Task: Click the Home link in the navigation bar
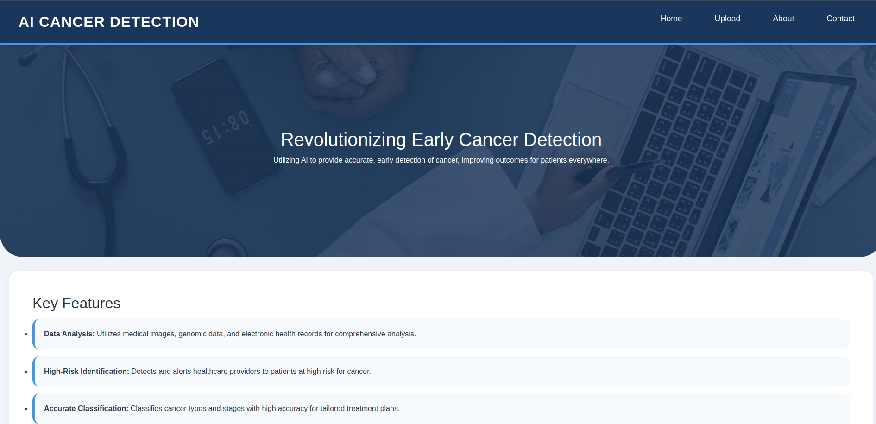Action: (671, 19)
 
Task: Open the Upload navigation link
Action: (727, 19)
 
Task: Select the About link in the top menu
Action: (783, 19)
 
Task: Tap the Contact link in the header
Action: (840, 19)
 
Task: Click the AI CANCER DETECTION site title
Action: (109, 22)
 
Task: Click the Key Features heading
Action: (76, 303)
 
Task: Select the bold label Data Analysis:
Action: (69, 334)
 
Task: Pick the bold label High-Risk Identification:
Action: (86, 372)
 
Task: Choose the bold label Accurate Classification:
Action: (86, 409)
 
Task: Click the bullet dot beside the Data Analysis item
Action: (26, 334)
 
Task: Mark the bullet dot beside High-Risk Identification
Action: (26, 372)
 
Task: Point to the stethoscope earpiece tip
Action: (27, 59)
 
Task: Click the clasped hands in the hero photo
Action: (352, 79)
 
